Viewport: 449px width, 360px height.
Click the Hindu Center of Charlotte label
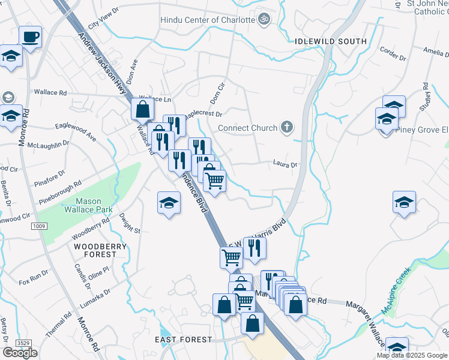click(x=208, y=20)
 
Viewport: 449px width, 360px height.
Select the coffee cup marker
click(x=30, y=37)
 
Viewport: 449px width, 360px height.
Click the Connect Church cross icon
click(x=288, y=127)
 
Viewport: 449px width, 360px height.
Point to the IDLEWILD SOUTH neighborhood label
click(x=331, y=41)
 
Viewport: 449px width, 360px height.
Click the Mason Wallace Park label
click(x=87, y=206)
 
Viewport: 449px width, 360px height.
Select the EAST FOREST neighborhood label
click(x=183, y=340)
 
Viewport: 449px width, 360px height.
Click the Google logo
click(x=20, y=353)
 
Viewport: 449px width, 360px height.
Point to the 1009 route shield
click(x=39, y=226)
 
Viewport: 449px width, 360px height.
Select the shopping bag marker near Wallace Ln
click(x=143, y=110)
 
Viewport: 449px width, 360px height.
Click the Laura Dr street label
click(x=285, y=164)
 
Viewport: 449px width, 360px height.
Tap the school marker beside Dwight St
click(x=169, y=203)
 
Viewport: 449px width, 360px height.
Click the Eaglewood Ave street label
click(x=76, y=132)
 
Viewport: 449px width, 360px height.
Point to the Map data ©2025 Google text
click(x=412, y=355)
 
